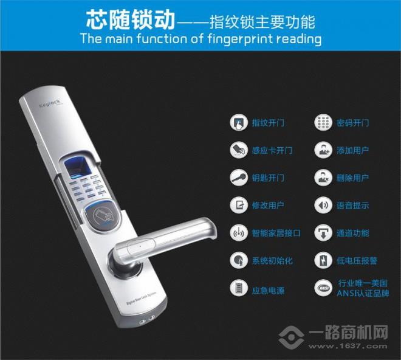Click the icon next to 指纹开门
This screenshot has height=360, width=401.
(x=238, y=122)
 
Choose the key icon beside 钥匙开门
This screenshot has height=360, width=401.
(x=238, y=178)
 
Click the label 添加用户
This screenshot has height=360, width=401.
(x=352, y=150)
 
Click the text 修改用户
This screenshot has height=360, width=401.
(x=267, y=206)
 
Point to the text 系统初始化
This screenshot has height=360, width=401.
(x=272, y=260)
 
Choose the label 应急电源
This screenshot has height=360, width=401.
(x=267, y=288)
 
